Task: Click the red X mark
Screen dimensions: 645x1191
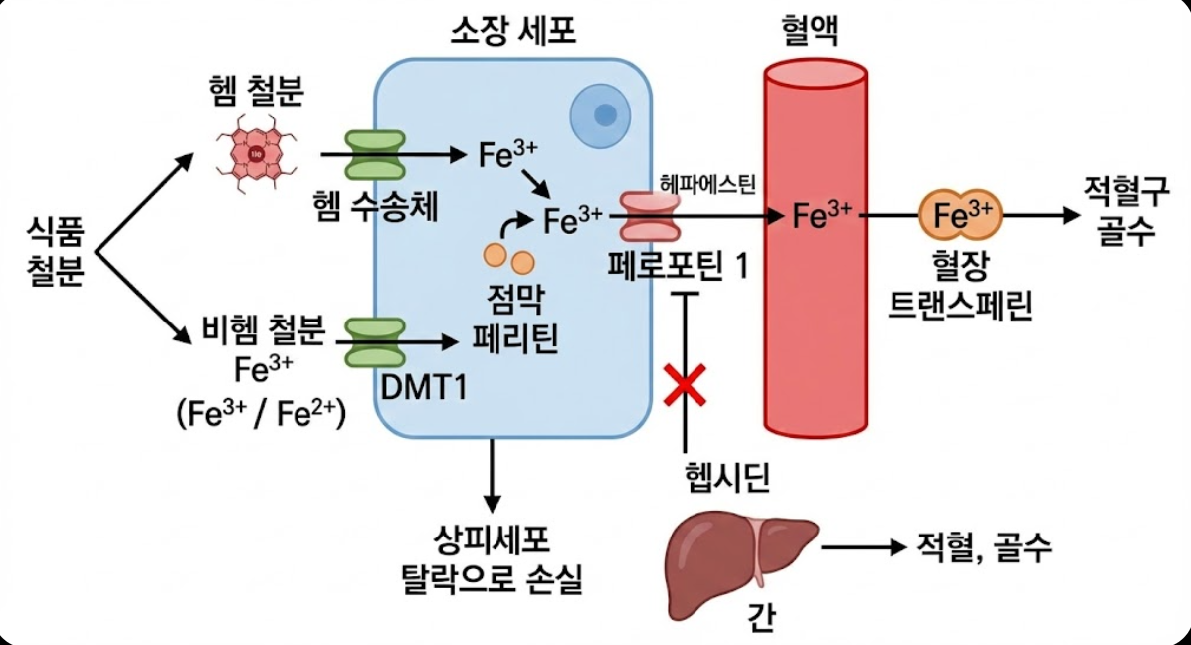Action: point(686,384)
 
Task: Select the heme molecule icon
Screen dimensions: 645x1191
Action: point(257,154)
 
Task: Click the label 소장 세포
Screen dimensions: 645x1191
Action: point(513,32)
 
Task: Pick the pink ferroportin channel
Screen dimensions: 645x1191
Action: point(648,216)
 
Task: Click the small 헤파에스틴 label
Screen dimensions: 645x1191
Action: point(708,183)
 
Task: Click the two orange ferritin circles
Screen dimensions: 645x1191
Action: point(508,259)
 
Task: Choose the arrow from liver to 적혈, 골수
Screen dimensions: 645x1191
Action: point(859,546)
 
